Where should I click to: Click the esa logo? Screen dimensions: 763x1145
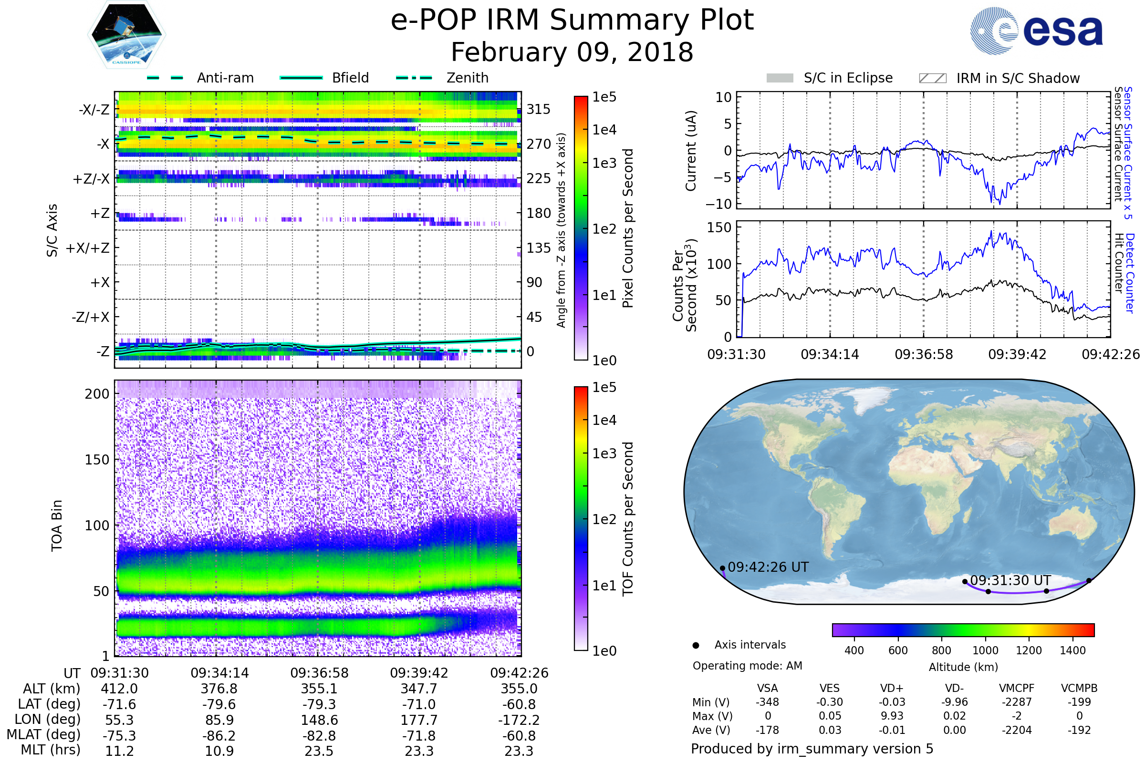tap(1037, 31)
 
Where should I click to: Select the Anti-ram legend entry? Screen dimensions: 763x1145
tap(225, 78)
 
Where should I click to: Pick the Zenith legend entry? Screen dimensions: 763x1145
tap(468, 78)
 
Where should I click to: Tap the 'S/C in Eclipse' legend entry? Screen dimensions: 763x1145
tap(848, 78)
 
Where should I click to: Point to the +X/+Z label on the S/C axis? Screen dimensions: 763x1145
tap(88, 248)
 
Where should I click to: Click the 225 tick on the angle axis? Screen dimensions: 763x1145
tap(539, 178)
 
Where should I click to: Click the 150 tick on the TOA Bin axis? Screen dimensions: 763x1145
tap(97, 460)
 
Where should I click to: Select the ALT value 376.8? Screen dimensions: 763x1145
tap(219, 689)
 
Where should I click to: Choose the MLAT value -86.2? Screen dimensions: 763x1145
tap(219, 736)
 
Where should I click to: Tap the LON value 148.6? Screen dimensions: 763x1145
tap(319, 720)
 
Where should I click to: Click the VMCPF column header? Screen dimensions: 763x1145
tap(1017, 689)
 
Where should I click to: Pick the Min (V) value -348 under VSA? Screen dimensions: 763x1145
tap(767, 702)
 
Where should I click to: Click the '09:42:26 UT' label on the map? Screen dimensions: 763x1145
tap(768, 567)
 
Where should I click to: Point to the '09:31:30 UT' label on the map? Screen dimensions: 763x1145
tap(1010, 580)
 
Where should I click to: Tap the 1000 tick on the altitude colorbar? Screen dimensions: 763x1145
tap(985, 650)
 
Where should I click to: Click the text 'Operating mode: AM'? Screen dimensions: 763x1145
tap(747, 666)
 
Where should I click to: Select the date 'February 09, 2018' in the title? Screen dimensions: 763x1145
tap(572, 52)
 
